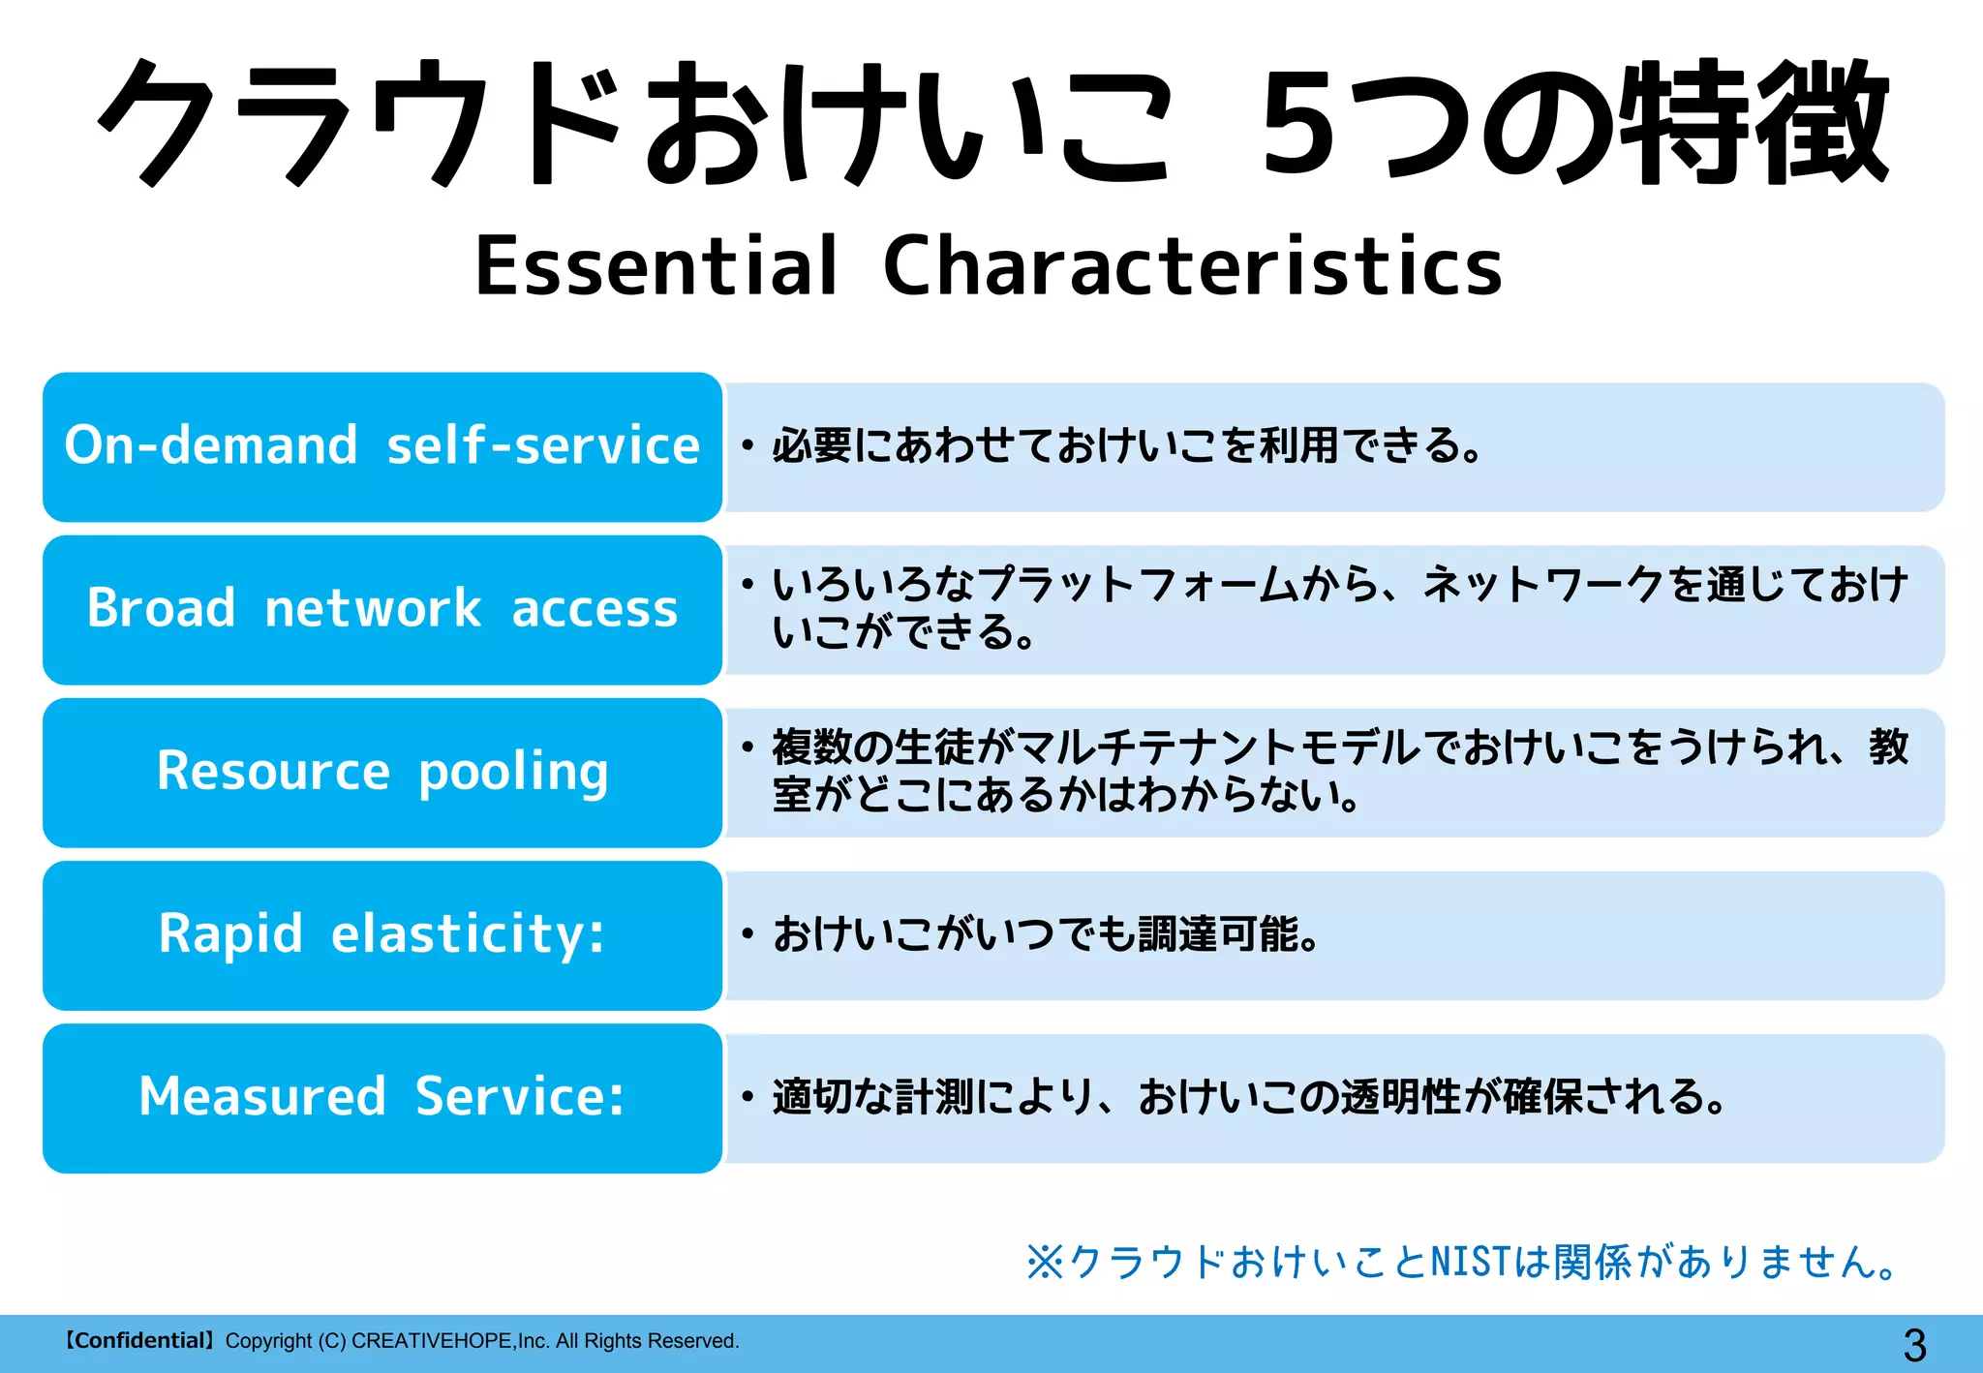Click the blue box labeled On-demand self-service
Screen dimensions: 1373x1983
tap(382, 446)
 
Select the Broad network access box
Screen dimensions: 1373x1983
tap(382, 609)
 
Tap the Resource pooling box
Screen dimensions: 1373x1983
tap(382, 772)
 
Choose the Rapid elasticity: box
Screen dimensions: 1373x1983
tap(382, 934)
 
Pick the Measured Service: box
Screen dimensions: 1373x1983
tap(382, 1097)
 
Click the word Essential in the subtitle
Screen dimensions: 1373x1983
tap(656, 266)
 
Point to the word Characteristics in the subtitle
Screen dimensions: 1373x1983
tap(1192, 266)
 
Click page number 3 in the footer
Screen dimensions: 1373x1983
tap(1914, 1345)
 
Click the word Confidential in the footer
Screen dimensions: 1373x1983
tap(138, 1341)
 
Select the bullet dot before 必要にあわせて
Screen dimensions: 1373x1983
tap(747, 446)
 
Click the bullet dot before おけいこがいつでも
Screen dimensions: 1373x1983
tap(747, 934)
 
